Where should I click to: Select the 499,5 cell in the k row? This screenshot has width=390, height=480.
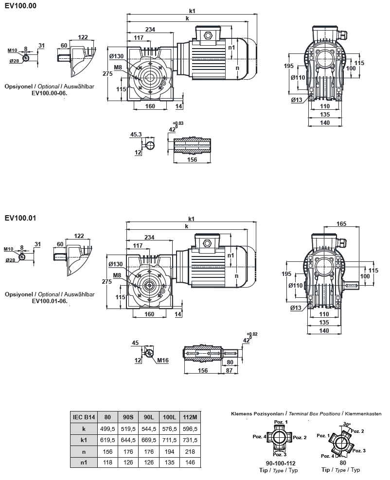click(107, 429)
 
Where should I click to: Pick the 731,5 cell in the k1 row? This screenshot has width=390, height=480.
click(190, 440)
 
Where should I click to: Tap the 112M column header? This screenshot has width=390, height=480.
click(190, 417)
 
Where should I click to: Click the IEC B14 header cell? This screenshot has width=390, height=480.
click(85, 417)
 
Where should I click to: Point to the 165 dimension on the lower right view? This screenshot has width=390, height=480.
click(341, 224)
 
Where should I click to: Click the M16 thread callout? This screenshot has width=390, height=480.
click(163, 360)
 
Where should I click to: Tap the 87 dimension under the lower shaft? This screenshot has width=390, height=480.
click(229, 370)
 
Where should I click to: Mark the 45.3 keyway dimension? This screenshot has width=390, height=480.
click(136, 135)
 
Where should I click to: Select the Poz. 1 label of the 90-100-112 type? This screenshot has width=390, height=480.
click(281, 422)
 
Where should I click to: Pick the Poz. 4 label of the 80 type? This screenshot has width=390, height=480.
click(328, 456)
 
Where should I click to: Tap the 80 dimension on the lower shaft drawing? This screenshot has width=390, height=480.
click(230, 362)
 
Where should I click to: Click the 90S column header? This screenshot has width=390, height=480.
click(128, 417)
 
